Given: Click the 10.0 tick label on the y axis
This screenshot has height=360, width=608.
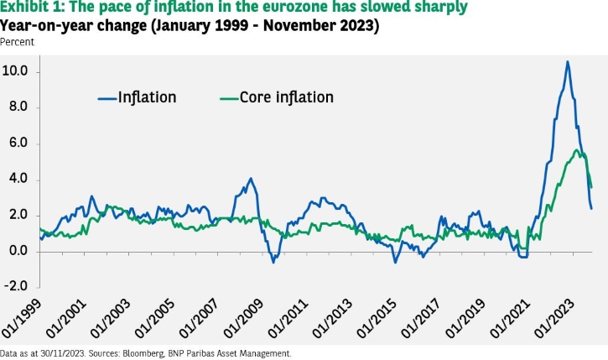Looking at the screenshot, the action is point(15,71).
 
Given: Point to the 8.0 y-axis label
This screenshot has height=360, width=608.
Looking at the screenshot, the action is point(18,107).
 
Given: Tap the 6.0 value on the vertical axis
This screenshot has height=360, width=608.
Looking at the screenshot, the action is point(18,143).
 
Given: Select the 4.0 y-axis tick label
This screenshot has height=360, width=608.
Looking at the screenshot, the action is point(18,179).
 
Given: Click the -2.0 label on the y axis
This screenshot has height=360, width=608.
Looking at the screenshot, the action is point(16,286).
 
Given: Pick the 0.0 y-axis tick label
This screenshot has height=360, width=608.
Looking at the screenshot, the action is point(18,251).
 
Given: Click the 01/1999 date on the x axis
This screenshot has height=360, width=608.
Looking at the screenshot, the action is point(21,319).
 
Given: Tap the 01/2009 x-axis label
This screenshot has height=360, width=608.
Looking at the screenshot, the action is point(243,319).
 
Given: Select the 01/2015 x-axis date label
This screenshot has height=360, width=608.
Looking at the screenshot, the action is point(377,319).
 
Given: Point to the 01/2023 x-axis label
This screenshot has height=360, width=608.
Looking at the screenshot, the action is point(554,319).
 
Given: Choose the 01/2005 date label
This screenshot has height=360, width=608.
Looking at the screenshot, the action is point(154,319).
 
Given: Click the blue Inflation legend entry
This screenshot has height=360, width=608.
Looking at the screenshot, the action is point(138,97).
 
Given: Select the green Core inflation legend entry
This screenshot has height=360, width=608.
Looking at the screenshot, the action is point(277,97).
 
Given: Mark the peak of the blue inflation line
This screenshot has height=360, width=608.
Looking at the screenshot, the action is point(568,61).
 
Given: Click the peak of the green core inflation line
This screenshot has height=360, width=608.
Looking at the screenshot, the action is point(577,150).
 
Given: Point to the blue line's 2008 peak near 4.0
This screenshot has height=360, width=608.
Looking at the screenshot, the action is point(251,179).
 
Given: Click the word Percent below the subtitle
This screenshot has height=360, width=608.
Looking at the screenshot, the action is point(17,42).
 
